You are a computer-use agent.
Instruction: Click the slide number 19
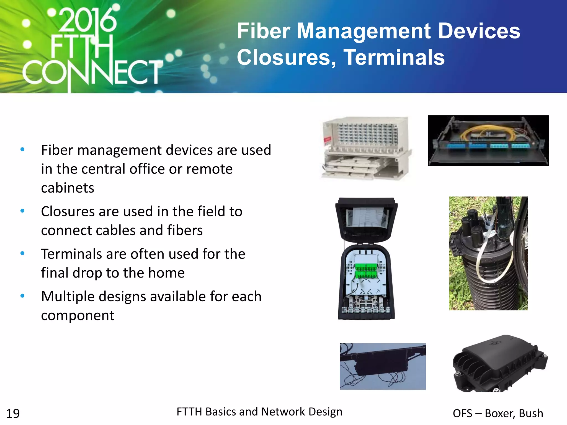tap(13, 414)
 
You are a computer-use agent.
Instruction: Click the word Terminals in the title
tap(394, 57)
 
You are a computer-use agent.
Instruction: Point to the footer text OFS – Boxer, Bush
tap(498, 413)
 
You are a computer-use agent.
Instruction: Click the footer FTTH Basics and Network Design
tap(259, 412)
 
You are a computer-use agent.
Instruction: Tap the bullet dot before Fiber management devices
tap(23, 150)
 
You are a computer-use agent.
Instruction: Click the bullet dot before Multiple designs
tap(23, 296)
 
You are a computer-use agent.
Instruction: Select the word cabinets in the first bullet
tap(68, 188)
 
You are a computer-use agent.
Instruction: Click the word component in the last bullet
tap(78, 315)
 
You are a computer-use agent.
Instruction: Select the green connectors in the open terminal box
tap(366, 271)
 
